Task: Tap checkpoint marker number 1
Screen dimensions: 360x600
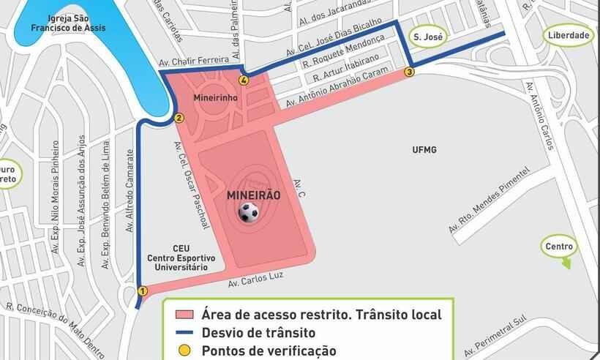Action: pyautogui.click(x=142, y=291)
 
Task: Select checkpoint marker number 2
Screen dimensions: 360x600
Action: pyautogui.click(x=179, y=118)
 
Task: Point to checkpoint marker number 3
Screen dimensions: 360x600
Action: pyautogui.click(x=409, y=72)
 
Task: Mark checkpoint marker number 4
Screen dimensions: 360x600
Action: pyautogui.click(x=243, y=80)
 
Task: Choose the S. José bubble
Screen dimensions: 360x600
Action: pyautogui.click(x=425, y=36)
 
